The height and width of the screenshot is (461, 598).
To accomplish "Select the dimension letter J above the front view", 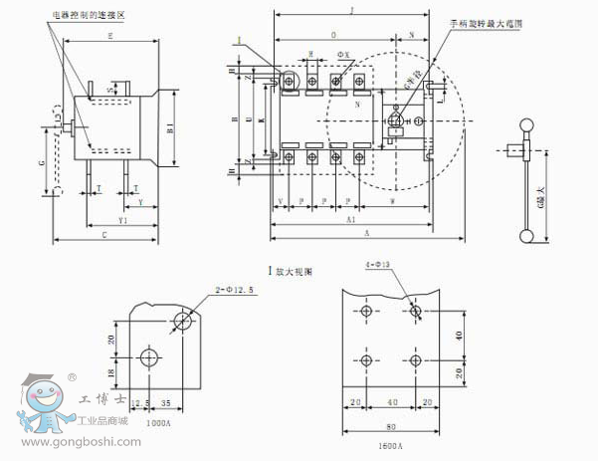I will (x=353, y=9).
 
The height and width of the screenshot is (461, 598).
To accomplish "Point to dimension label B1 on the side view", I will (x=171, y=127).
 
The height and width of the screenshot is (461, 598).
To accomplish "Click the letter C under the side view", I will (x=104, y=237).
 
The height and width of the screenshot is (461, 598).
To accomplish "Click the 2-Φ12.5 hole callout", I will (x=234, y=289).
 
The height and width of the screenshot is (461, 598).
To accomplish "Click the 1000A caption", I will (x=159, y=421).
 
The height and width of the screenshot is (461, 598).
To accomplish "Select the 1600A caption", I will (x=389, y=445).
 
